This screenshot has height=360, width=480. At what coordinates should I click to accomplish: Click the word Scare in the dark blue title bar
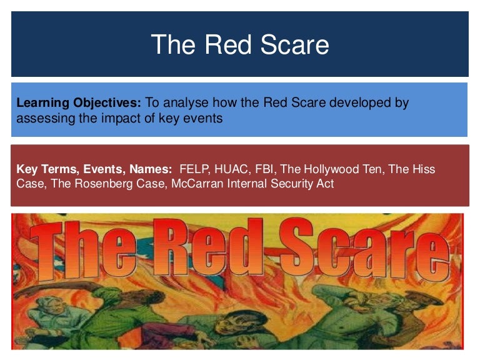294,45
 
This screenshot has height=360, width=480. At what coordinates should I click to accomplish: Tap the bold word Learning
42,103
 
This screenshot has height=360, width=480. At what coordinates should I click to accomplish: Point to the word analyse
186,102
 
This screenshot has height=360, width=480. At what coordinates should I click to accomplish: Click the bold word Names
151,169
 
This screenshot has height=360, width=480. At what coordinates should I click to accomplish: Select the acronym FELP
194,169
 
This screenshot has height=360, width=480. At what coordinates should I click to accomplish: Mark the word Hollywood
334,169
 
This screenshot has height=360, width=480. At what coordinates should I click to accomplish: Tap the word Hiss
424,169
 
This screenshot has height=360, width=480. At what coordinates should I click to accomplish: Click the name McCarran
197,184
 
